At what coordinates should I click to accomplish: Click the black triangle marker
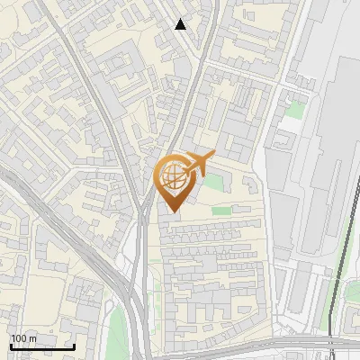[181, 24]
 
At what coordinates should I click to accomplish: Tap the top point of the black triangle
[181, 19]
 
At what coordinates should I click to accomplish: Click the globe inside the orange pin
[171, 175]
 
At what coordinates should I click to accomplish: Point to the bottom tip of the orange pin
[171, 212]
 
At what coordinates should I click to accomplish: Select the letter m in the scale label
[33, 338]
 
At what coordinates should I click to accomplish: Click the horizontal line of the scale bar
[42, 347]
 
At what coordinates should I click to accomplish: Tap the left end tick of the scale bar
[11, 346]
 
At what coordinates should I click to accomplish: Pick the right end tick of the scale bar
[75, 346]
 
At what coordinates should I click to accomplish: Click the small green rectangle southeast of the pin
[221, 211]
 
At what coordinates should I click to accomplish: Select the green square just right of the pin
[213, 183]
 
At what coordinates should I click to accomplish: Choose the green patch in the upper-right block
[294, 110]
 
